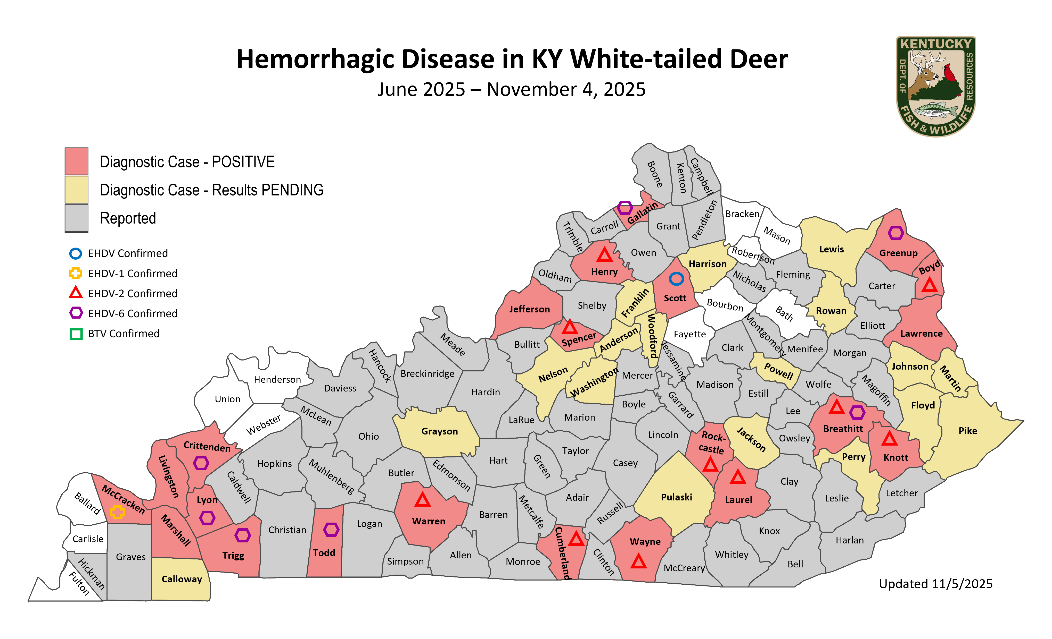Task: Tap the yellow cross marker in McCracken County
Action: (117, 512)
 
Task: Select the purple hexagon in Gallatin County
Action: (624, 208)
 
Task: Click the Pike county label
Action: (967, 431)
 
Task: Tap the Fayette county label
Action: (689, 334)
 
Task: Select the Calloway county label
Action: (182, 579)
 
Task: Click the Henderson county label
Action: (277, 379)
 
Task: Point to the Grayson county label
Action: (439, 431)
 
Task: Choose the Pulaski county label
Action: (676, 497)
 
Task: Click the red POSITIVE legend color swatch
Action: (76, 161)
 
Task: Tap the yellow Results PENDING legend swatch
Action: (76, 190)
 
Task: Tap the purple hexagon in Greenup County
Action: (896, 233)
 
